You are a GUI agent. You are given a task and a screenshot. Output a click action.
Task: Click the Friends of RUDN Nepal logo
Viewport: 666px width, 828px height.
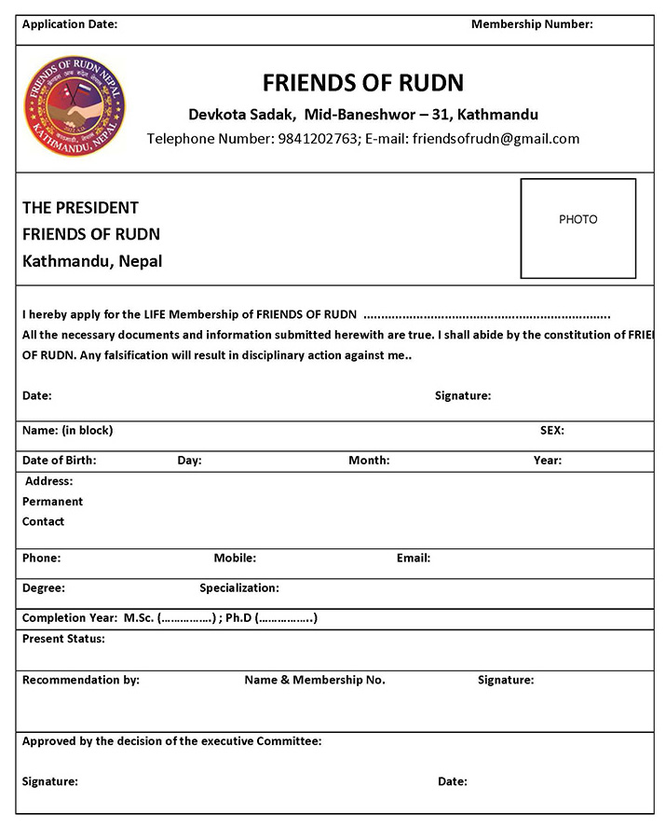tap(75, 104)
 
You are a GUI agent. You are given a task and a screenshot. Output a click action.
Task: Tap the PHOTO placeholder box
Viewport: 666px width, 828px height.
tap(578, 228)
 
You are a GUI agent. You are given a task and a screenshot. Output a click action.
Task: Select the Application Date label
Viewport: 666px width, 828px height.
tap(69, 24)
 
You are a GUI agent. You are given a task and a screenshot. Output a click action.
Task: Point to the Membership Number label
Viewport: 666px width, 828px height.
tap(531, 24)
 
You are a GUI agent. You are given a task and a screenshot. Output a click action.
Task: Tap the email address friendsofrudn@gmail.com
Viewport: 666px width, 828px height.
tap(496, 139)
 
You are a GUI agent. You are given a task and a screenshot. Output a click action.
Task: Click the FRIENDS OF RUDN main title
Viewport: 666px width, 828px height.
tap(362, 82)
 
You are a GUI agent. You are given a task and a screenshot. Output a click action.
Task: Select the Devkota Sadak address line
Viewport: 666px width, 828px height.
tap(363, 115)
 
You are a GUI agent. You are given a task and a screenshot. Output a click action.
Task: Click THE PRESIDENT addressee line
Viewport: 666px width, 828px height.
tap(80, 207)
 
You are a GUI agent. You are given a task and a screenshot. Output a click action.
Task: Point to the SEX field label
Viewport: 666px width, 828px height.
tap(551, 431)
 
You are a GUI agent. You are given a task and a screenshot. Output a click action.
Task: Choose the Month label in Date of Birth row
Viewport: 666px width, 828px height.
tap(369, 460)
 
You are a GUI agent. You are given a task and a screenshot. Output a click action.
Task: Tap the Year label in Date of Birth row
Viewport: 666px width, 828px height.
tap(547, 460)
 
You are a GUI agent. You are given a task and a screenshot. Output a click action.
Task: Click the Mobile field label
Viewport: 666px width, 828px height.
tap(235, 558)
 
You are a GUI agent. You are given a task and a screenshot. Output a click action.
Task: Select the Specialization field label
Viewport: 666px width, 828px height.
tap(238, 588)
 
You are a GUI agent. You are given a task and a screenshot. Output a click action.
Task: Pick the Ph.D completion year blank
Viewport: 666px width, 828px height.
tap(286, 617)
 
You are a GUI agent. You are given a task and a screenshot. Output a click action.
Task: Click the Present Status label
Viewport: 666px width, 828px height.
tap(63, 639)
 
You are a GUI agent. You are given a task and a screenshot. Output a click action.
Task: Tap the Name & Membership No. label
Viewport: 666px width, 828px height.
tap(315, 680)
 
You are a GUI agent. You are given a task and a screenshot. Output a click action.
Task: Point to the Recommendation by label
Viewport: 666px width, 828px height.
tap(80, 680)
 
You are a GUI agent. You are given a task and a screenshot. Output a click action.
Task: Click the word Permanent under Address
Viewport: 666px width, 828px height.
tap(52, 501)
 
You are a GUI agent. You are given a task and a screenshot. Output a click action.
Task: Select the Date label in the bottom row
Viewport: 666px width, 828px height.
tap(452, 781)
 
